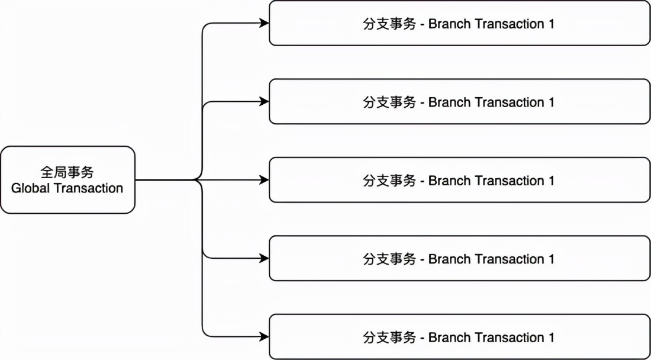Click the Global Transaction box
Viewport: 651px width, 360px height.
[67, 179]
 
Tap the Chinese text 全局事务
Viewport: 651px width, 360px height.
[67, 172]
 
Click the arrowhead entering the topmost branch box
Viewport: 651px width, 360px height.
[265, 24]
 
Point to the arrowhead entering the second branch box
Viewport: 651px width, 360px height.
[265, 102]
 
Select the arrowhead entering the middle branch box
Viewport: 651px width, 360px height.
[265, 180]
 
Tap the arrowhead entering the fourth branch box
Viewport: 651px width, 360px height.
[265, 258]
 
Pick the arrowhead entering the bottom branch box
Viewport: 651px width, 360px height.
[265, 336]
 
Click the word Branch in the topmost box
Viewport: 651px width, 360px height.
[448, 24]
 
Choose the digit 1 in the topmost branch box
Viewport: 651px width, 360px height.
[551, 24]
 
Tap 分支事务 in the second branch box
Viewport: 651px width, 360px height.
[389, 102]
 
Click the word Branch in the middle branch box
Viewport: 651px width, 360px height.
[448, 181]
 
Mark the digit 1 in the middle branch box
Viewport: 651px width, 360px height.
[551, 181]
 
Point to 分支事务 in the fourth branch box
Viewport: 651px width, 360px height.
[389, 259]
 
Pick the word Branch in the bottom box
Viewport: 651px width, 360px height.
[448, 337]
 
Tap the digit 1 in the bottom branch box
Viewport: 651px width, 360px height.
[551, 337]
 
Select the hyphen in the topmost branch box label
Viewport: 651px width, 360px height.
[422, 25]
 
